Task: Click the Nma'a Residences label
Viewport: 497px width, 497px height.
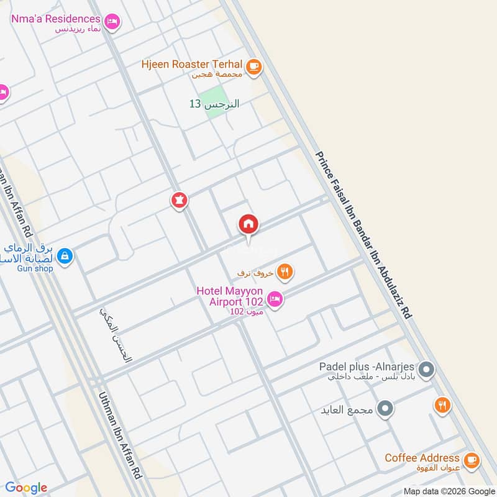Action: pos(55,19)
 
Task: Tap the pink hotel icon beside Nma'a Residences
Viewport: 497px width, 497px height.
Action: pos(112,22)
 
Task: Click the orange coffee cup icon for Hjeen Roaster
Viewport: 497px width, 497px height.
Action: pos(253,66)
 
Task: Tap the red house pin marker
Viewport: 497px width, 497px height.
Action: pos(248,225)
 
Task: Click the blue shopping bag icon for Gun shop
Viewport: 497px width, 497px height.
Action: pos(64,255)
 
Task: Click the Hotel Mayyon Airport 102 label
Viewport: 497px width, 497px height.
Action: pos(230,296)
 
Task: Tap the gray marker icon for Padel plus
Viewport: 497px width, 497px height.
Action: pos(426,371)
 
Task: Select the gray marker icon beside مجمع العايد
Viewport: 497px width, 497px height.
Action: pos(385,408)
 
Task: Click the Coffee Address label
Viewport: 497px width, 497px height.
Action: pos(422,458)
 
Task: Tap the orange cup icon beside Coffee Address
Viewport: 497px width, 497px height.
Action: pos(472,460)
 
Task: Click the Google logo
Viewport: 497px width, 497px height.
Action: pos(26,487)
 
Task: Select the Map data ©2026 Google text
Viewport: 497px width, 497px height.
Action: pos(449,490)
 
